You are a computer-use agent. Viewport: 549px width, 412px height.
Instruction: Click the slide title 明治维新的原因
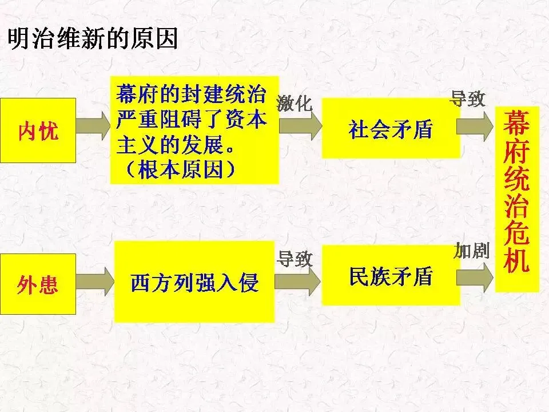92,39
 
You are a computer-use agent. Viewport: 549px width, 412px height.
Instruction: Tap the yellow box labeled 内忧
38,130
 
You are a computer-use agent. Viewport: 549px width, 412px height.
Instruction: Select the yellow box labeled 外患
38,283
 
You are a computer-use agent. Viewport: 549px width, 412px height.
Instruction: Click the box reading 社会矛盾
390,128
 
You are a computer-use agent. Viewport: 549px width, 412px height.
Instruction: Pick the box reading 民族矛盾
390,275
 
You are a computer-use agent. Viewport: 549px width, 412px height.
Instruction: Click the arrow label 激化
295,103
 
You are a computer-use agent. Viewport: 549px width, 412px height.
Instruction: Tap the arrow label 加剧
472,250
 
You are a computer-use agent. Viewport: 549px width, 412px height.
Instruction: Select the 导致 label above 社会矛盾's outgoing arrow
468,98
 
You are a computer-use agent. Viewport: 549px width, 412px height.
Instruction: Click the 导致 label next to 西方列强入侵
295,259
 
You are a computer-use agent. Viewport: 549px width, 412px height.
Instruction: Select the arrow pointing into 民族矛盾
299,280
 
